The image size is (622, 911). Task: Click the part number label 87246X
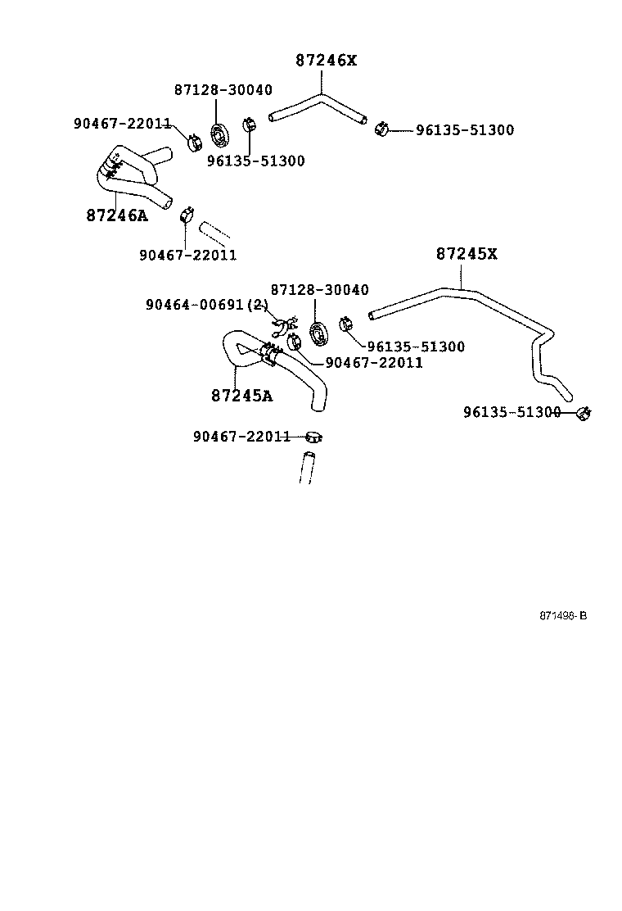coord(326,61)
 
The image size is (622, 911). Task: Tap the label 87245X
coord(466,254)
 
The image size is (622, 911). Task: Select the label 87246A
coord(117,215)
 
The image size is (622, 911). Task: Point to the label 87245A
coord(242,395)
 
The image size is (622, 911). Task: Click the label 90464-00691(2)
coord(207,305)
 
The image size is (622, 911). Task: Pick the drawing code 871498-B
coord(562,615)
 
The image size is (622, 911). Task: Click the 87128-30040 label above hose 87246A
coord(223,90)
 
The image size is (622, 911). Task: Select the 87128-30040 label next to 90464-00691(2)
coord(319,290)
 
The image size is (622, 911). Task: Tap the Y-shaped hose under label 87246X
coord(319,107)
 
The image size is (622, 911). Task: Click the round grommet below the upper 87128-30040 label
coord(220,135)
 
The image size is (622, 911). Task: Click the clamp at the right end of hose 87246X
coord(380,129)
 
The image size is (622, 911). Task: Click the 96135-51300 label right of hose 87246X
coord(464,130)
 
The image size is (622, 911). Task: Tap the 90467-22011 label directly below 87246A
coord(187,255)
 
